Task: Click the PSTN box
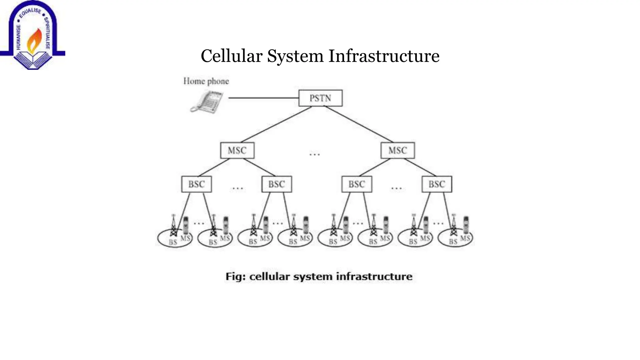pos(320,98)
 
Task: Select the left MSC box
pos(237,150)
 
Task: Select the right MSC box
pos(397,150)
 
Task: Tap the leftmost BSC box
pos(196,184)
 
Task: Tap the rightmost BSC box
pos(437,184)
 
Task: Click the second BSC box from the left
pos(277,184)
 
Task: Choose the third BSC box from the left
pos(357,184)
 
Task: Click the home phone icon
pos(207,101)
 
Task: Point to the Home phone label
pos(206,81)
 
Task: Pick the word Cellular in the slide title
pos(231,56)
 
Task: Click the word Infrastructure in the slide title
pos(384,56)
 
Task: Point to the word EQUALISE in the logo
pos(30,12)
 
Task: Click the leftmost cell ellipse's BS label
pos(173,242)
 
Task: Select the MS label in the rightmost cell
pos(465,238)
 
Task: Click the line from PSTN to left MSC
pos(276,124)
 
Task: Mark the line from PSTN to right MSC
pos(359,124)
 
